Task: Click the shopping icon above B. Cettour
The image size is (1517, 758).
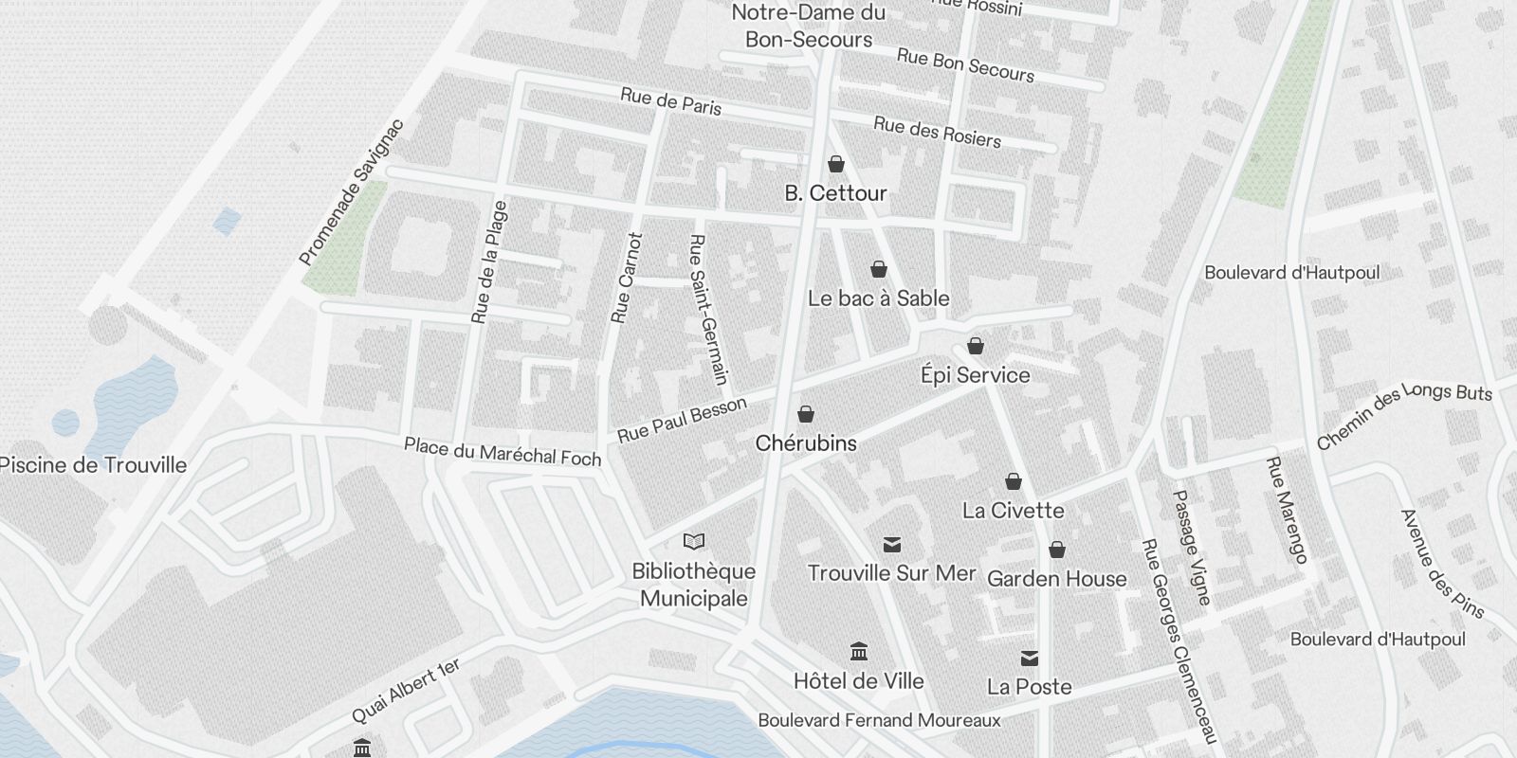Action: pyautogui.click(x=835, y=165)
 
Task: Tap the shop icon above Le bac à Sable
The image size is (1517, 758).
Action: pyautogui.click(x=878, y=270)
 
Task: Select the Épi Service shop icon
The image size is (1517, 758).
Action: pyautogui.click(x=975, y=347)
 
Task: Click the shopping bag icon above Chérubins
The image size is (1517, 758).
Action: pyautogui.click(x=805, y=415)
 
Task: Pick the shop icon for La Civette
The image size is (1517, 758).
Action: pyautogui.click(x=1013, y=482)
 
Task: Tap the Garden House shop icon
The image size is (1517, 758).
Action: pyautogui.click(x=1056, y=550)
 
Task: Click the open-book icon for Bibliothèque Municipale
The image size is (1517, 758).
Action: pyautogui.click(x=694, y=542)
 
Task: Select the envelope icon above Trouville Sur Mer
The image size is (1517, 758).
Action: pyautogui.click(x=891, y=545)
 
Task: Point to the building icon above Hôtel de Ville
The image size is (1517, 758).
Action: pyautogui.click(x=859, y=652)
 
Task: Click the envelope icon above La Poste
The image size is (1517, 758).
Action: pyautogui.click(x=1029, y=659)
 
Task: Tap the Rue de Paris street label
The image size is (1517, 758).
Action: pyautogui.click(x=670, y=101)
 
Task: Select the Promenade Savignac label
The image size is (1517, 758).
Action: pyautogui.click(x=351, y=192)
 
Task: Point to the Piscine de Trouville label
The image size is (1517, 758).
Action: pyautogui.click(x=93, y=465)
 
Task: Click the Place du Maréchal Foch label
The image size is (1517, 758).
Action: pyautogui.click(x=503, y=451)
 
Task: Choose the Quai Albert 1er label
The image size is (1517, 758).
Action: pyautogui.click(x=406, y=691)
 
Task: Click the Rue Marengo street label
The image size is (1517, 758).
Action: pyautogui.click(x=1287, y=511)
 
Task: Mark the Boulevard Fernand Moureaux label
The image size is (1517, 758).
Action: pyautogui.click(x=879, y=721)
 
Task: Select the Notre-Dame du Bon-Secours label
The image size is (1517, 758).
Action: pyautogui.click(x=809, y=26)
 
